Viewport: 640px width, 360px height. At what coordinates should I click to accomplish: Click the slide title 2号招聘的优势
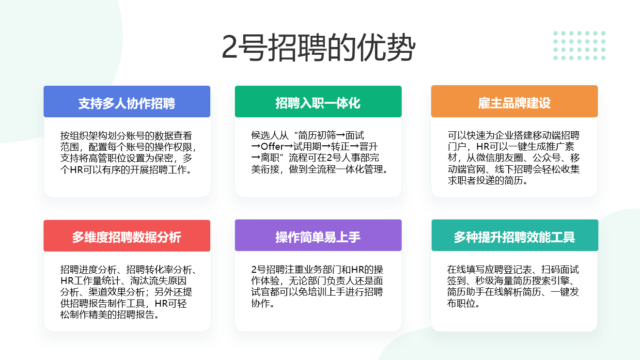point(318,47)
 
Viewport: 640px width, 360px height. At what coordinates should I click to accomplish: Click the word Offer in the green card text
point(272,147)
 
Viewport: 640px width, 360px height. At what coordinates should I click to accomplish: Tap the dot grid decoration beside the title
point(579,46)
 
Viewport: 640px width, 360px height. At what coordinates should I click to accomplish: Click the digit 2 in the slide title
point(230,47)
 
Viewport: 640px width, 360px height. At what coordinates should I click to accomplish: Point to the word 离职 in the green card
point(270,158)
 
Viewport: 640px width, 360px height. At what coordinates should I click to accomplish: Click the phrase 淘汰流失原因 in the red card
point(158,281)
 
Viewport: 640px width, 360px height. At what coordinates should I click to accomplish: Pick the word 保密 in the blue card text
point(164,158)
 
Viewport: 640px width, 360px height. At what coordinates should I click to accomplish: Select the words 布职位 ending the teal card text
point(461,303)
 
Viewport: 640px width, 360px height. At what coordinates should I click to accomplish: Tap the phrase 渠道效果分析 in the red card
point(117,292)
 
